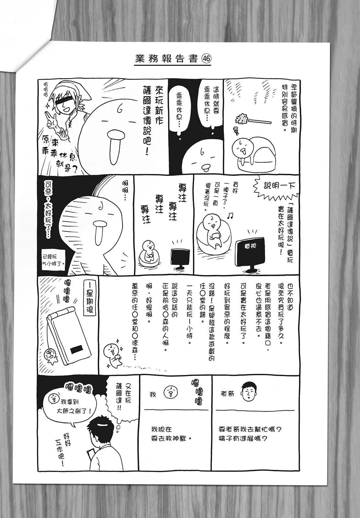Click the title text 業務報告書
(x=167, y=59)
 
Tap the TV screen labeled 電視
(x=250, y=252)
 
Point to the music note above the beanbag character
(x=230, y=216)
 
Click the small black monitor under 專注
(x=180, y=256)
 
